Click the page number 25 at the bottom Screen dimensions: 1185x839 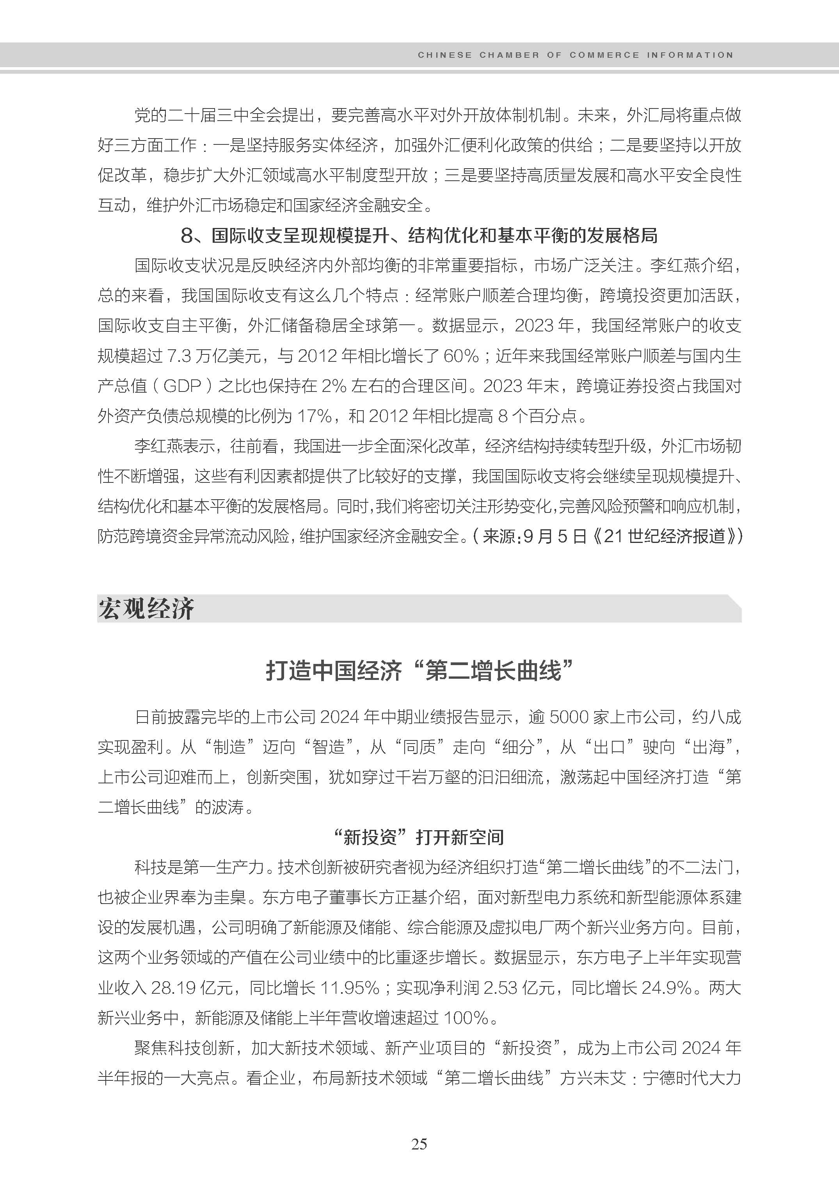point(419,1144)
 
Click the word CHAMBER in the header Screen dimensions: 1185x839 point(509,55)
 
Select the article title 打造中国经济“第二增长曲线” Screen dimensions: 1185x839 point(419,671)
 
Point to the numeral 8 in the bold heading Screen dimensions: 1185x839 point(187,236)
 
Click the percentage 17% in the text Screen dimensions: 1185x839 point(314,416)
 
